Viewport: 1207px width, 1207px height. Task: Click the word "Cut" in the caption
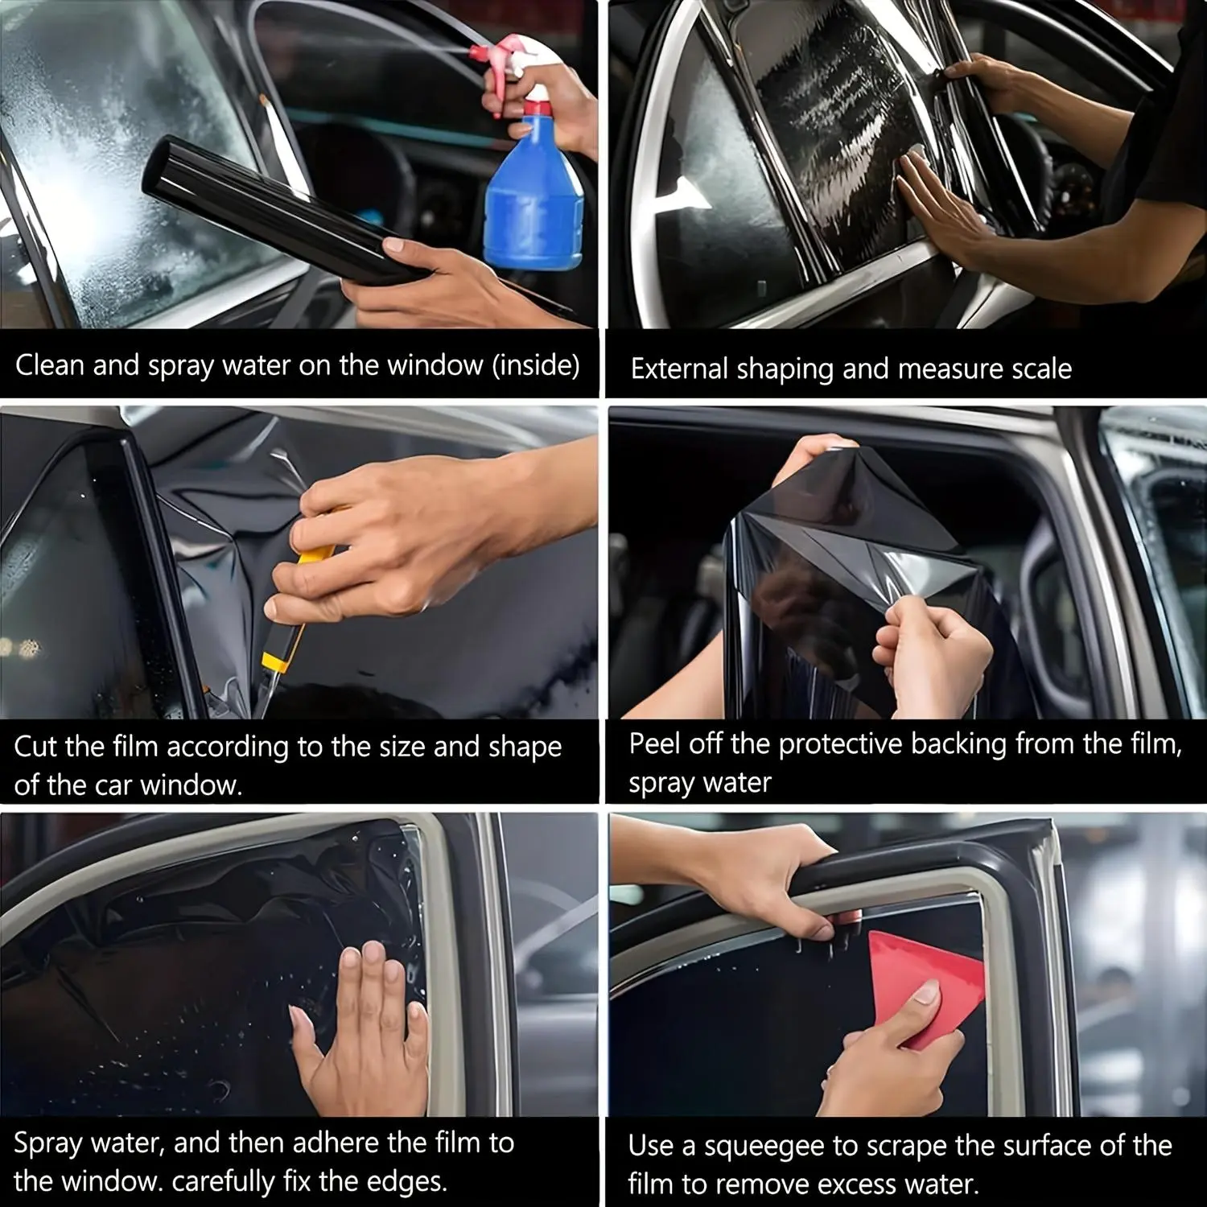tap(35, 747)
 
